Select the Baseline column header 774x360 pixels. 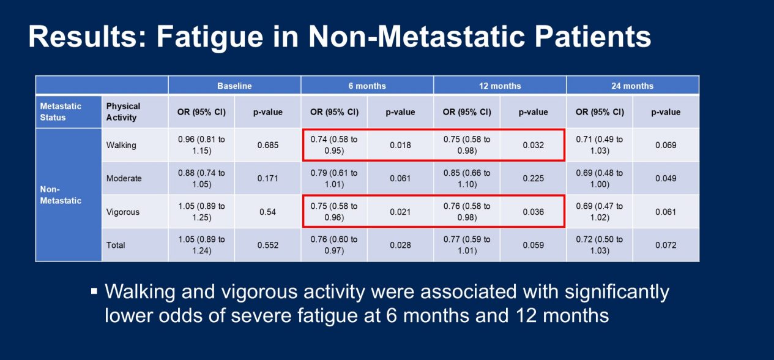point(234,86)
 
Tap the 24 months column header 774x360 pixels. point(632,86)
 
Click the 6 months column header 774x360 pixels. point(367,86)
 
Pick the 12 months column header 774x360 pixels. point(500,86)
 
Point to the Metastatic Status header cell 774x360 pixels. point(61,111)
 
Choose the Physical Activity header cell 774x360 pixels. point(123,111)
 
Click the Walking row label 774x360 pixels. point(121,145)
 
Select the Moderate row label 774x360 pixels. point(124,178)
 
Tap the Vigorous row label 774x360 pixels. point(123,212)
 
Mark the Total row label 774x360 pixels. point(116,245)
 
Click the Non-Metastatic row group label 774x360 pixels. point(61,195)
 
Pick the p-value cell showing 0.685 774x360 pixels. point(267,145)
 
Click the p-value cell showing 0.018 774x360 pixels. point(400,145)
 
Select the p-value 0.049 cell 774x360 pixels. point(665,178)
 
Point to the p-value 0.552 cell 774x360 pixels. point(267,245)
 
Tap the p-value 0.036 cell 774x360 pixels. point(533,212)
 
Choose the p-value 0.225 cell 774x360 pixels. point(533,178)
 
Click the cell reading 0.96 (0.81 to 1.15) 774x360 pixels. point(201,144)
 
